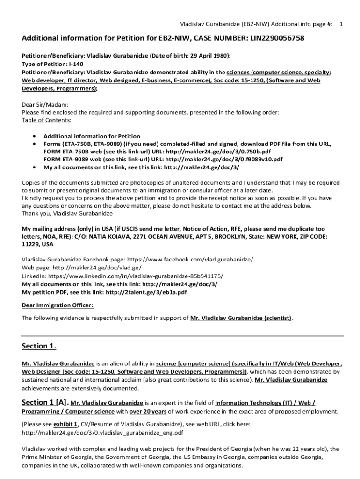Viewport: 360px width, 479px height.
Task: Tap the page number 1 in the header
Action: pyautogui.click(x=342, y=23)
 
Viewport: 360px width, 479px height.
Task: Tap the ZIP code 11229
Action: pyautogui.click(x=31, y=244)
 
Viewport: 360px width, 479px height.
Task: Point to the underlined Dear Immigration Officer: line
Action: pyautogui.click(x=58, y=305)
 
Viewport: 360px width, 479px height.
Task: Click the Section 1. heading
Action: pyautogui.click(x=39, y=346)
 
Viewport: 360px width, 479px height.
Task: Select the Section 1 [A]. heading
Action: pyautogui.click(x=45, y=402)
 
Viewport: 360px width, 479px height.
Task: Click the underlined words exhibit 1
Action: pyautogui.click(x=66, y=424)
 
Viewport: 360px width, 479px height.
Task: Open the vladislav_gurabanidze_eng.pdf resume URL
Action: pyautogui.click(x=102, y=433)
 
